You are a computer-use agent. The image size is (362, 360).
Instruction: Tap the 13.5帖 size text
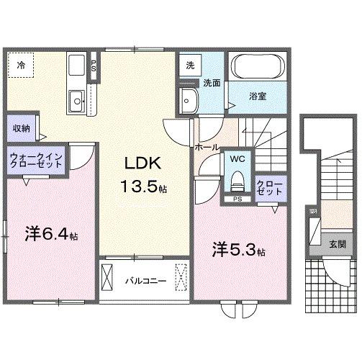click(144, 188)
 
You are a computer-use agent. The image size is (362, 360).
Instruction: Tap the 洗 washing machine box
click(189, 64)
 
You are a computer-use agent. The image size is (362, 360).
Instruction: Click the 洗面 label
click(211, 82)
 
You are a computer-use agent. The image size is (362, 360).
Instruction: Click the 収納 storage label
click(21, 128)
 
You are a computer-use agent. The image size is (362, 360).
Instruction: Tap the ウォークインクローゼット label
click(36, 158)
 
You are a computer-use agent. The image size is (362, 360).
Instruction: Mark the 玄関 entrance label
click(337, 244)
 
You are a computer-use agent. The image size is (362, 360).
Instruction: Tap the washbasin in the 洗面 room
click(190, 100)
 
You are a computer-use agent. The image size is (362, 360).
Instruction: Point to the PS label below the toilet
click(236, 198)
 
